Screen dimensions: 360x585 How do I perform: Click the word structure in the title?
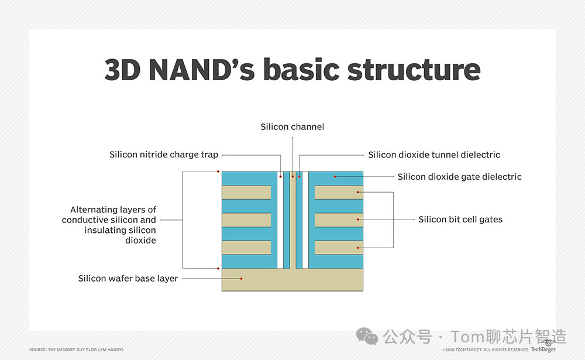(414, 70)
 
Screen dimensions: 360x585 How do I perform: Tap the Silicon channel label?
(292, 126)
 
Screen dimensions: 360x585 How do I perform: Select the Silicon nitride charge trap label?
(164, 155)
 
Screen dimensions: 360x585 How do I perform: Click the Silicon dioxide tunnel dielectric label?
(434, 155)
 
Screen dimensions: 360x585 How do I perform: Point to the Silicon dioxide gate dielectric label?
(459, 176)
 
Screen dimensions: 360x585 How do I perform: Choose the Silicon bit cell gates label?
(460, 220)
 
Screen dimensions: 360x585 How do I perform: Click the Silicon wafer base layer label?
(128, 279)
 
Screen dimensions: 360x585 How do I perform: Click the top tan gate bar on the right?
(339, 192)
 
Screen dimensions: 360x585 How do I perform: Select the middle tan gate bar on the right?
(339, 220)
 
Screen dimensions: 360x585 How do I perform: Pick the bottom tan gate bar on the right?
(339, 248)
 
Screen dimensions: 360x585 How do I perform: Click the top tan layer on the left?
(246, 192)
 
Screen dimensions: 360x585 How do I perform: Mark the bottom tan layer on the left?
(246, 248)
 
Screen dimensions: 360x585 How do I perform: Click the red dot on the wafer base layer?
(240, 279)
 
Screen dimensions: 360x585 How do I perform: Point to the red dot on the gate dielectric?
(335, 176)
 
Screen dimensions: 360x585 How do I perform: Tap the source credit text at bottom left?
(76, 349)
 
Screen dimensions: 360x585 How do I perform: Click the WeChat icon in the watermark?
(368, 337)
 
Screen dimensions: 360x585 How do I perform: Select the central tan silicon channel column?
(292, 222)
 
